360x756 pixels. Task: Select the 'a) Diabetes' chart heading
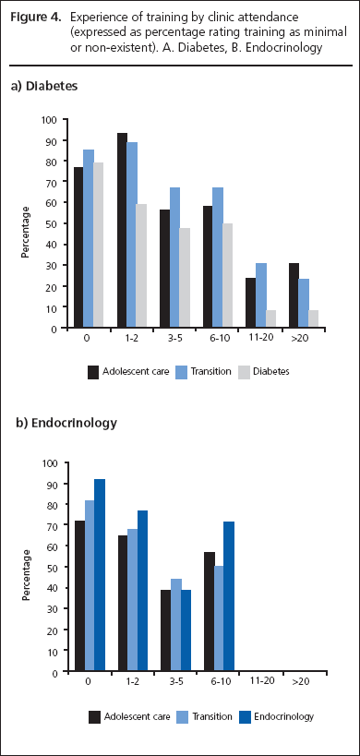43,85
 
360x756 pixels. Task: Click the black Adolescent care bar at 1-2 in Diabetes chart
122,231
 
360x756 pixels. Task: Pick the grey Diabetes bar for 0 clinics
98,246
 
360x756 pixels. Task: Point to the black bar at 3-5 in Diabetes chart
164,269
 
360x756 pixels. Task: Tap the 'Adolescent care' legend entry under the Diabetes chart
128,373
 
